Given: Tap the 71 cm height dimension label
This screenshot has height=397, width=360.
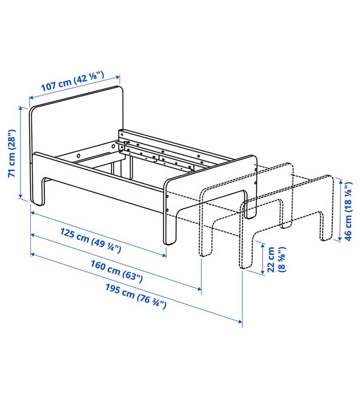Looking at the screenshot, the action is click(x=12, y=153).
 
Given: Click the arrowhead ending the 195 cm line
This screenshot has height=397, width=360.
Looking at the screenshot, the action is click(x=240, y=322).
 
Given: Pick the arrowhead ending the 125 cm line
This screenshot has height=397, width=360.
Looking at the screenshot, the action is click(x=164, y=256).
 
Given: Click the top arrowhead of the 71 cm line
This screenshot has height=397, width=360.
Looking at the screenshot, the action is click(x=21, y=108).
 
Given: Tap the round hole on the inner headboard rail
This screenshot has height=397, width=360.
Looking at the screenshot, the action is click(x=79, y=155).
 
